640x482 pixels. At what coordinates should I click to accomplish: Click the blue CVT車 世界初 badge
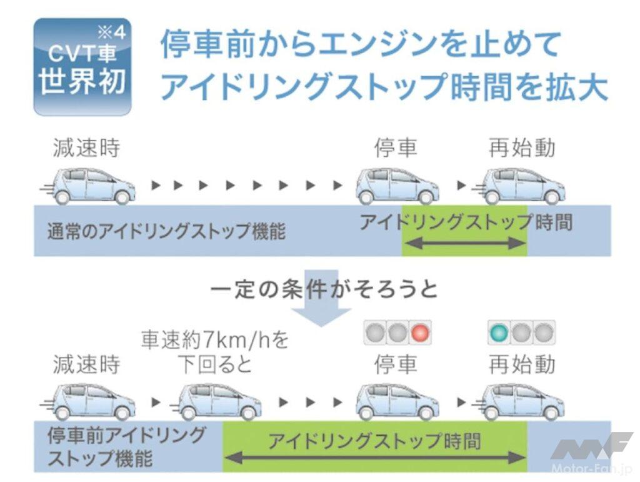point(82,67)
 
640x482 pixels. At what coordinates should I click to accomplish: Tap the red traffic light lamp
point(420,333)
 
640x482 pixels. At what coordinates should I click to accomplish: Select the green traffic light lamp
point(498,333)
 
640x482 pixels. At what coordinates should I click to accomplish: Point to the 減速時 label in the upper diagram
point(86,148)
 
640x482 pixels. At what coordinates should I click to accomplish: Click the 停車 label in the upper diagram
point(396,148)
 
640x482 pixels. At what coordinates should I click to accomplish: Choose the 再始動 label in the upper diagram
point(522,148)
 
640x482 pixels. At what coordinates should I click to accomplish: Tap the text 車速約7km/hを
point(216,341)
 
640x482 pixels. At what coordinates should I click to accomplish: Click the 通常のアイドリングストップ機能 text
point(166,232)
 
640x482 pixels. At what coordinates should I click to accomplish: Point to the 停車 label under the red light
point(396,364)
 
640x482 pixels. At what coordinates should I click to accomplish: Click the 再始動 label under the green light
point(522,364)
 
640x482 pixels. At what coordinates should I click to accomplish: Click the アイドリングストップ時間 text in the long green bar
point(374,442)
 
